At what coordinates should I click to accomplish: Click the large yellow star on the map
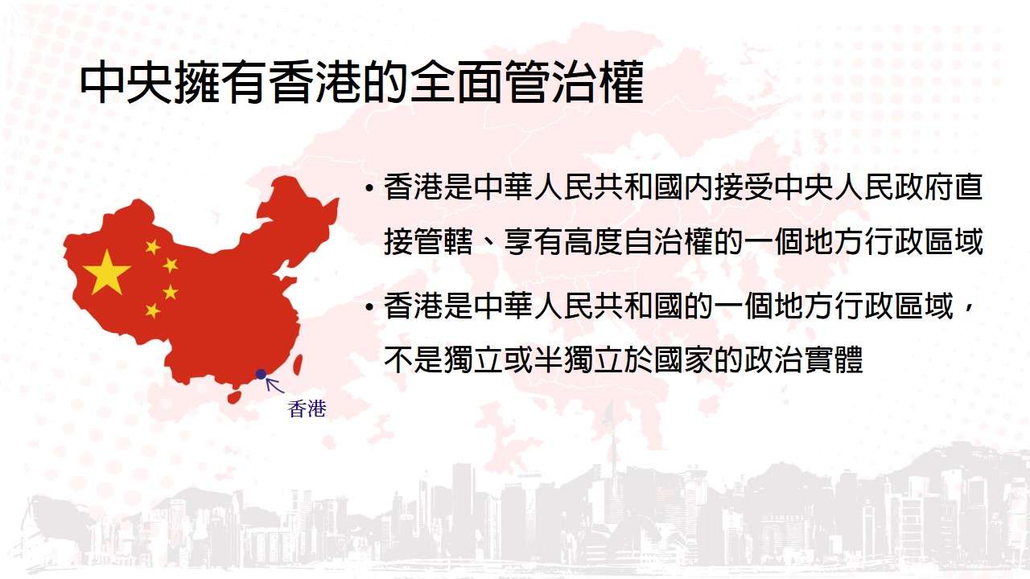pyautogui.click(x=106, y=273)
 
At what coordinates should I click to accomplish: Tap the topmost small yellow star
pyautogui.click(x=152, y=247)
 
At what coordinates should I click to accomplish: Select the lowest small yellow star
pyautogui.click(x=152, y=310)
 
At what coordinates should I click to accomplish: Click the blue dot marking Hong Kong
pyautogui.click(x=261, y=374)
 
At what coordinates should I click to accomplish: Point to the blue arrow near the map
pyautogui.click(x=275, y=385)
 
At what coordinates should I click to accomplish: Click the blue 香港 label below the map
pyautogui.click(x=307, y=409)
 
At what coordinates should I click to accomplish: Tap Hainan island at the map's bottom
pyautogui.click(x=235, y=396)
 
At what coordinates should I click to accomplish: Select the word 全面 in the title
pyautogui.click(x=456, y=83)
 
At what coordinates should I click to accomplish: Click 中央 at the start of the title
pyautogui.click(x=126, y=83)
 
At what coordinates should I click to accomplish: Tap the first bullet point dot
pyautogui.click(x=369, y=188)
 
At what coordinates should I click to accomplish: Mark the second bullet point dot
pyautogui.click(x=369, y=307)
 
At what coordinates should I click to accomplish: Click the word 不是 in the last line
pyautogui.click(x=414, y=359)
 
